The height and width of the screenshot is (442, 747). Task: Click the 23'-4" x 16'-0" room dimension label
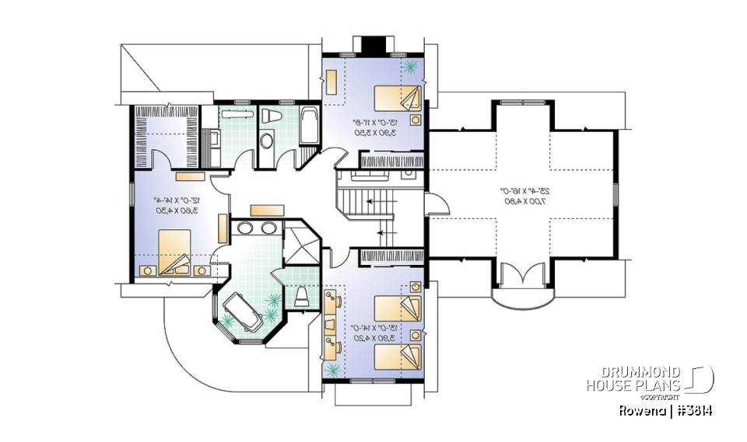[521, 196]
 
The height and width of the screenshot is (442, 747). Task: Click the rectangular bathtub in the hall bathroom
[308, 127]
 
